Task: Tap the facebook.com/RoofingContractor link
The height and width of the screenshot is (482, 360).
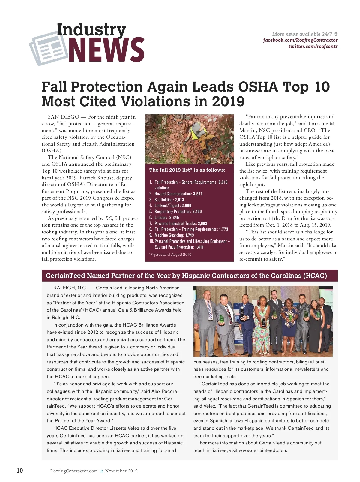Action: tap(300, 40)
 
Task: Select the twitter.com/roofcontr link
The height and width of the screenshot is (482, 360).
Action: tap(313, 47)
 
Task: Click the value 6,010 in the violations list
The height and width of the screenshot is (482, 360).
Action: tap(223, 182)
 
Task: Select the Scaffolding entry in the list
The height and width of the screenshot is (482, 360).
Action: tap(169, 200)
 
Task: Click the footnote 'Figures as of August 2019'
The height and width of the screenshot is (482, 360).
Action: tap(170, 255)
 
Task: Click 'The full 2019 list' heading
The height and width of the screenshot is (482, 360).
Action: tap(187, 170)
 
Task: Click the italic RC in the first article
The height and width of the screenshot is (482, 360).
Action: tap(108, 218)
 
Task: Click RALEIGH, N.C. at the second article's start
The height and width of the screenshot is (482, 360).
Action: tap(70, 288)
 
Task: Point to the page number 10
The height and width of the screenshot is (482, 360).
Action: tap(19, 471)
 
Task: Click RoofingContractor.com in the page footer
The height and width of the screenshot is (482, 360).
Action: tap(74, 471)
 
